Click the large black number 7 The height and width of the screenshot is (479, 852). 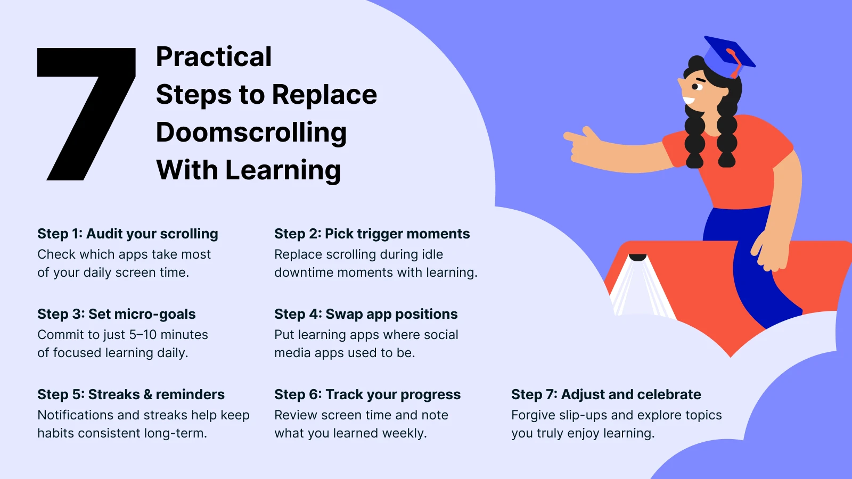pos(87,114)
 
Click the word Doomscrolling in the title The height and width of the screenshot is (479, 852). pos(251,133)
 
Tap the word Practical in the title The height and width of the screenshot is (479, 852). pos(214,56)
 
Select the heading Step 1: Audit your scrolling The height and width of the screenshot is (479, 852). pos(128,234)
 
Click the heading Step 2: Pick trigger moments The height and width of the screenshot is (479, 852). pos(372,234)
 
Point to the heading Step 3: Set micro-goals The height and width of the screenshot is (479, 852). pos(117,315)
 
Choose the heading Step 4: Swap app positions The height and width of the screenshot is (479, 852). pos(366,315)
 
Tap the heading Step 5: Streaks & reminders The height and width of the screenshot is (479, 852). pos(131,394)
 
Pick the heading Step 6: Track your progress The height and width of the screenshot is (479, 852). pos(367,395)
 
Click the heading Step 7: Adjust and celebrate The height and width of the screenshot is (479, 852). pos(606,395)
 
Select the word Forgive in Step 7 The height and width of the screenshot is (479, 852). pos(533,416)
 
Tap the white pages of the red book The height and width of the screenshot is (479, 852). pos(642,290)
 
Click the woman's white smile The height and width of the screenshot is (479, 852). pos(688,101)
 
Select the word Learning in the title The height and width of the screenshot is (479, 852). pos(283,171)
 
